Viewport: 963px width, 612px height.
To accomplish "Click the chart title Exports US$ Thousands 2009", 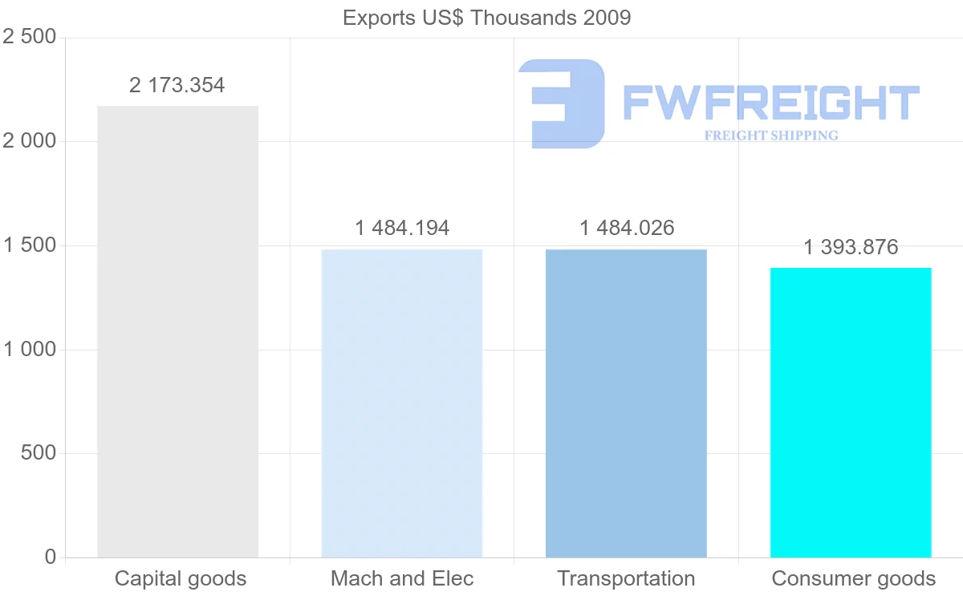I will (x=486, y=18).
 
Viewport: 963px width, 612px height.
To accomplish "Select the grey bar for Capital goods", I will (x=177, y=331).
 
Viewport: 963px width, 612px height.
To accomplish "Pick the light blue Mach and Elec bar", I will (x=401, y=403).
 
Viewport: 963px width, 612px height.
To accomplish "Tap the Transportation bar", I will (x=626, y=403).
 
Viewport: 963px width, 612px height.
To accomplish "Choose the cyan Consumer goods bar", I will (x=851, y=412).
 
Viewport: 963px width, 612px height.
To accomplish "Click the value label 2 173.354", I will (x=177, y=85).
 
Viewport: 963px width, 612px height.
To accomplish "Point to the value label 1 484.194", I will (x=402, y=228).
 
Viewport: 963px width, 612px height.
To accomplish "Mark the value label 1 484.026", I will (x=627, y=228).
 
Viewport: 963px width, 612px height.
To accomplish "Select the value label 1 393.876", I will (x=851, y=247).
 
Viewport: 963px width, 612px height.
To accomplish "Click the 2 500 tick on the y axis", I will (x=30, y=38).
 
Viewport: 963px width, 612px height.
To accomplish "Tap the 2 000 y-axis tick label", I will (x=30, y=141).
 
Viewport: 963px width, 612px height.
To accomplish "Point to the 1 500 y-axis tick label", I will (x=30, y=245).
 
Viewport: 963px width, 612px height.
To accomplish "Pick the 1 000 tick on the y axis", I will (x=30, y=350).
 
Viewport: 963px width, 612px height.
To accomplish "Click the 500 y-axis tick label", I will (x=38, y=453).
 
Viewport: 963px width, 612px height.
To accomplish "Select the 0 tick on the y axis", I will (x=51, y=557).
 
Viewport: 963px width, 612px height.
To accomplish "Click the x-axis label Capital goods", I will (x=181, y=578).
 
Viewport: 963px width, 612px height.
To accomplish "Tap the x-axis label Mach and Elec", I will (x=402, y=578).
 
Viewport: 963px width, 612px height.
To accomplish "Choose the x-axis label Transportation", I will (x=626, y=578).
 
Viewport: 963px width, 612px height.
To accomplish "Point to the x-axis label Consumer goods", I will (x=853, y=578).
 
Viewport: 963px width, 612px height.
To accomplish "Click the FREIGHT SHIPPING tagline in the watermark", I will (x=771, y=136).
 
